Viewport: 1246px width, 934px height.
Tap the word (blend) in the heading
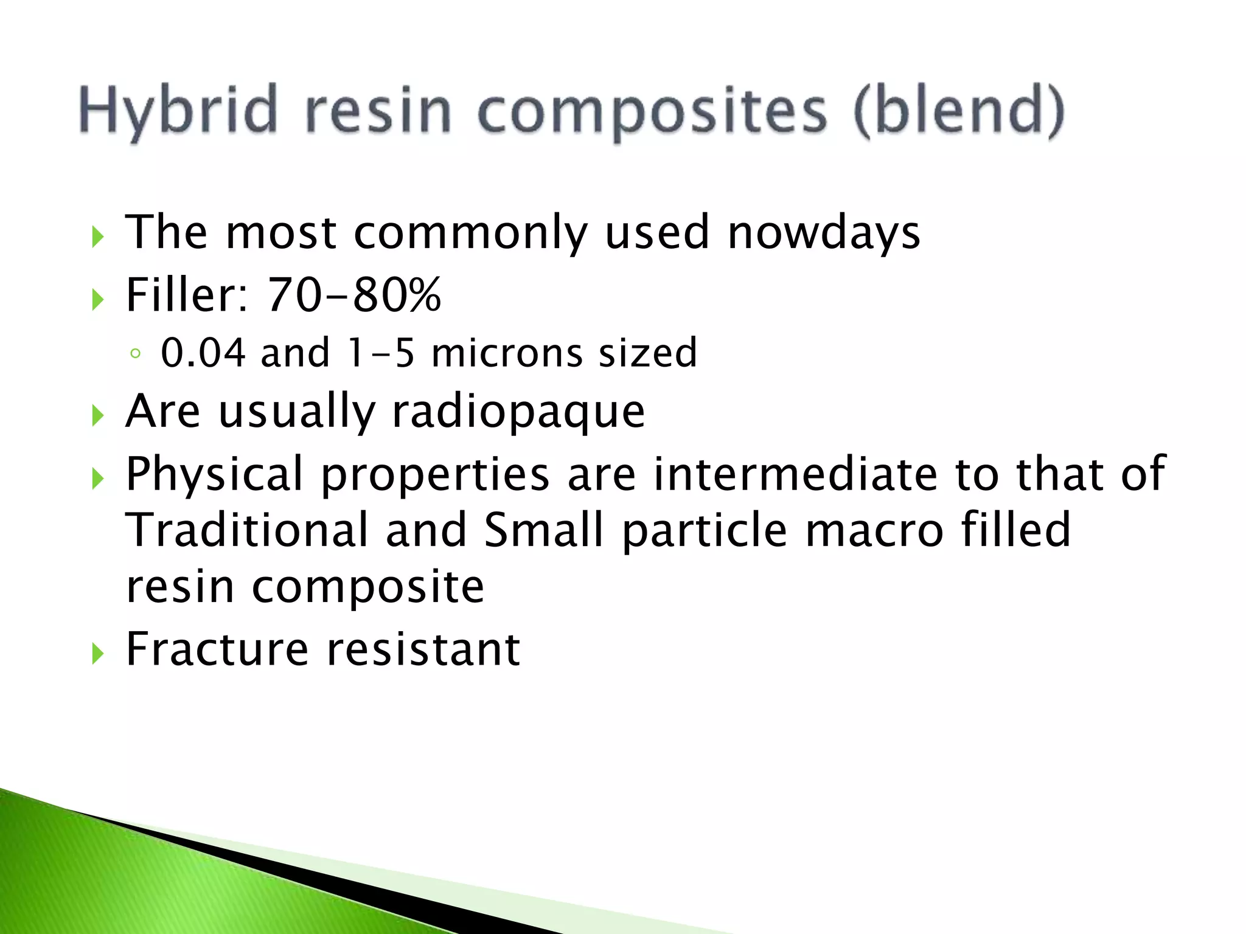(x=959, y=111)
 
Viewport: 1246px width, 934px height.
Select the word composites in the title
(x=653, y=111)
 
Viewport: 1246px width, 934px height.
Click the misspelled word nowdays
(x=824, y=233)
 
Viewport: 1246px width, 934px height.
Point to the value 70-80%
(x=354, y=295)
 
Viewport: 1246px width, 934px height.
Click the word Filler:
(x=187, y=295)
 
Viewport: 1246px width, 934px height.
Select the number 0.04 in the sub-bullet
(x=203, y=353)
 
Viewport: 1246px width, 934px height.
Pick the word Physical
(x=214, y=474)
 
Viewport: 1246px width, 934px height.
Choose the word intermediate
(x=795, y=474)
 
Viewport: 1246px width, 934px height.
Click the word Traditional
(x=247, y=530)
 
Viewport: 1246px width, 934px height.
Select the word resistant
(x=423, y=649)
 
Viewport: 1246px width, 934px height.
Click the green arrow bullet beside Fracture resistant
(x=98, y=654)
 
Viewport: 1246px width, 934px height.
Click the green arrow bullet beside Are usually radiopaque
(x=98, y=417)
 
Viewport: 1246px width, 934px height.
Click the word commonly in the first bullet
(x=470, y=233)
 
